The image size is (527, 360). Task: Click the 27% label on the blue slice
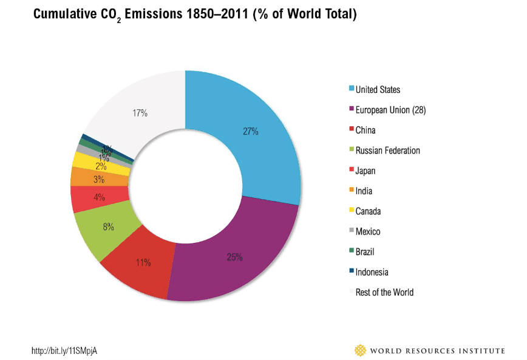251,131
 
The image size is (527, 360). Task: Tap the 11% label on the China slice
144,262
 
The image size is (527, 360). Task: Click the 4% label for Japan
100,197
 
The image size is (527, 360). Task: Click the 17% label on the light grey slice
140,113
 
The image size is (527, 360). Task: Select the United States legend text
378,90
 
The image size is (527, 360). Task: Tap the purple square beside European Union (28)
351,110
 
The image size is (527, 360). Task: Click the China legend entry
365,130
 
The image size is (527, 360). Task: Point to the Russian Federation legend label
387,151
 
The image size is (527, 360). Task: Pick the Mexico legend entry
368,231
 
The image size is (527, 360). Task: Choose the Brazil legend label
366,251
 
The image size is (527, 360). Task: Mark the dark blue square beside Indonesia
351,272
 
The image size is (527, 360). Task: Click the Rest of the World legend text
384,292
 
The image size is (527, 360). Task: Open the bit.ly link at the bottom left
64,351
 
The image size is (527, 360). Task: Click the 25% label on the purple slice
235,257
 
